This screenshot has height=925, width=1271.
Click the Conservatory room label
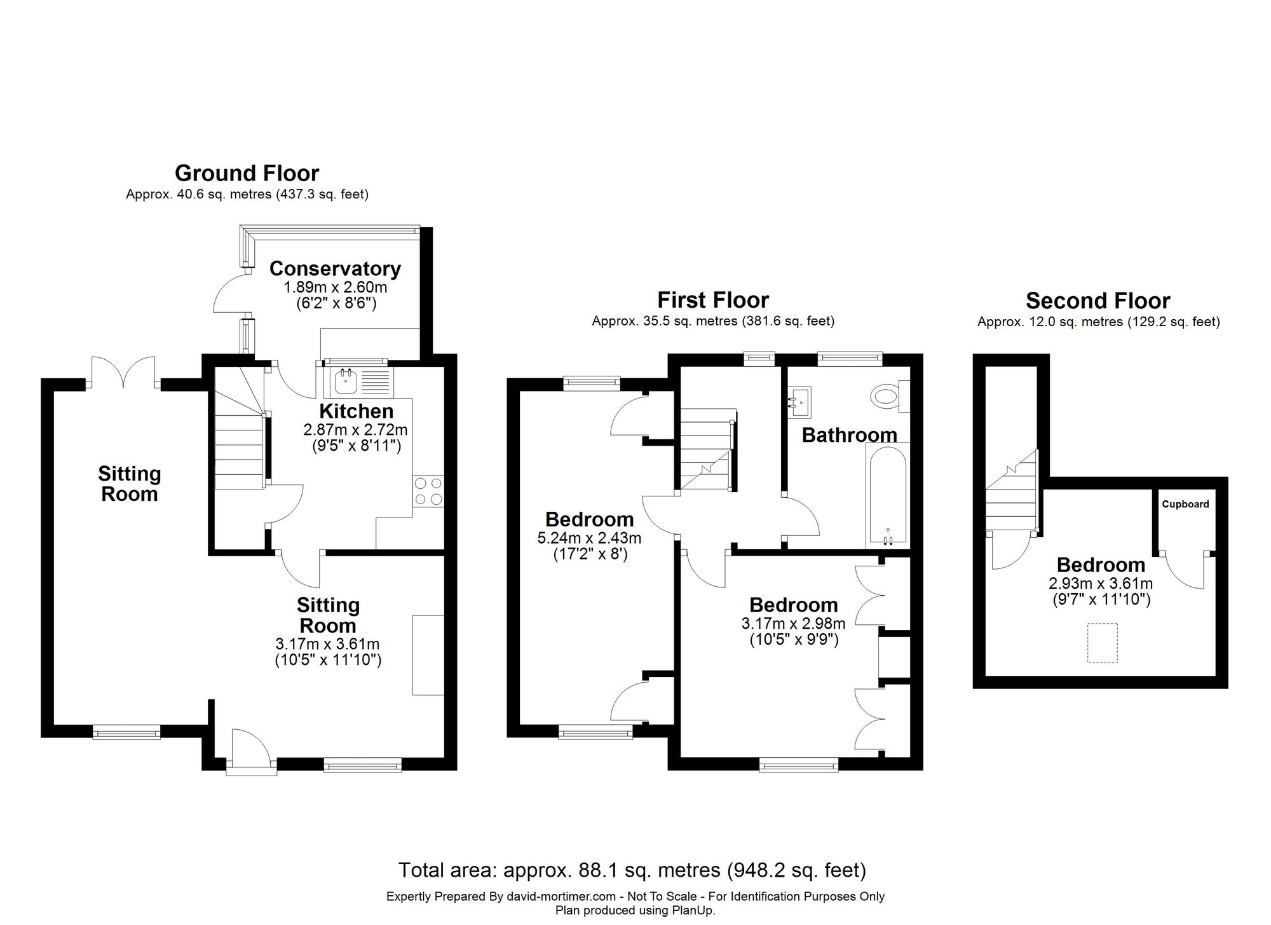pos(335,269)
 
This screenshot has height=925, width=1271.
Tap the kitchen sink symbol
pos(359,381)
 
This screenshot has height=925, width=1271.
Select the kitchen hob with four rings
pos(428,491)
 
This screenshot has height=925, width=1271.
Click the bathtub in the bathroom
pos(887,495)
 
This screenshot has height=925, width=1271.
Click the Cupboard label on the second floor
pos(1185,504)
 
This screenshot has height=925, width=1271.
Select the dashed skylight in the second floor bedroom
pos(1102,643)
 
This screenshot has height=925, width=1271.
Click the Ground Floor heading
pos(247,173)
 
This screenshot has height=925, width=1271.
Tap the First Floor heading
pos(713,299)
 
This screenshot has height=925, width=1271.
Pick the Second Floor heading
pos(1098,300)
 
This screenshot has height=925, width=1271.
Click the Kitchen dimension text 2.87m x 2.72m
pos(356,430)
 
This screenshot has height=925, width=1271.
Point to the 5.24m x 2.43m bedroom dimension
pos(589,538)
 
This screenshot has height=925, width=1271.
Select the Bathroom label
pos(849,435)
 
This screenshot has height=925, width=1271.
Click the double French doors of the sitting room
pos(123,373)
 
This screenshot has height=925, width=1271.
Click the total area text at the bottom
pos(632,870)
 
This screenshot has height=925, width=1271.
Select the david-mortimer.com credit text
pos(561,896)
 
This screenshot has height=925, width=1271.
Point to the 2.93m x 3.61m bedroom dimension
pos(1101,584)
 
